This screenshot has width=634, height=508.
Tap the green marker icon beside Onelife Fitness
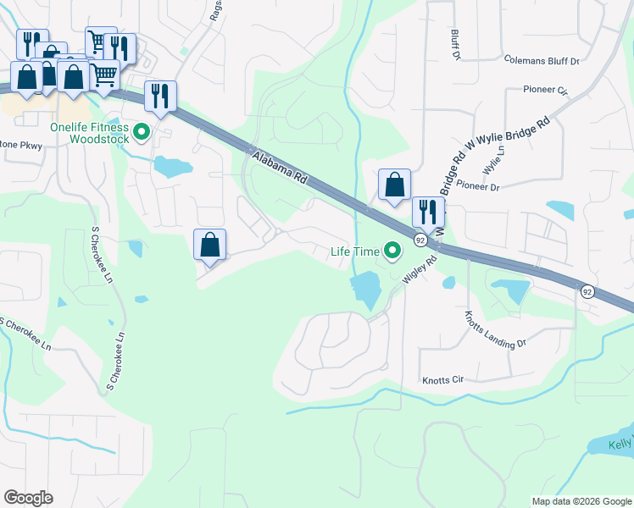(142, 132)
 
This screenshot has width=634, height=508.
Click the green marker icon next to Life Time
(392, 251)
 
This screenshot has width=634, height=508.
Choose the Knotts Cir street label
(446, 381)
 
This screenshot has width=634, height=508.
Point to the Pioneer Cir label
(545, 89)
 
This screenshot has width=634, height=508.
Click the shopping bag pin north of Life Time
(394, 185)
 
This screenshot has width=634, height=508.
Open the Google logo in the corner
(28, 498)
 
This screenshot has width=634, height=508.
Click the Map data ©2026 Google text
(581, 501)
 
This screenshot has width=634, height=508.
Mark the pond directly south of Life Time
(365, 290)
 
